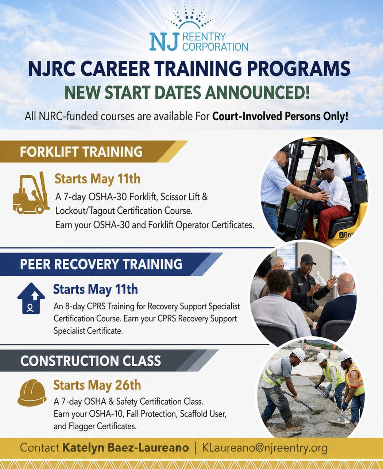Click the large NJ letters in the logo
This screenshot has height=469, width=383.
(x=164, y=41)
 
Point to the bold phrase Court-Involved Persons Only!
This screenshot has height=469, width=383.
(x=280, y=116)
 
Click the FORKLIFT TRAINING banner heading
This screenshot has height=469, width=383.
(x=81, y=152)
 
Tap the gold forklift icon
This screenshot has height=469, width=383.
(x=31, y=193)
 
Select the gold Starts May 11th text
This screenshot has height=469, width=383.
(x=97, y=179)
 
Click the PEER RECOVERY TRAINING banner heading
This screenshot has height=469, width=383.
(x=101, y=264)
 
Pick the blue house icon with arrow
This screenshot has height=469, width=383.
(x=31, y=298)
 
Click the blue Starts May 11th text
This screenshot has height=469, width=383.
(x=96, y=289)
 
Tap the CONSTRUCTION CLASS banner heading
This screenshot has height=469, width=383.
(x=91, y=360)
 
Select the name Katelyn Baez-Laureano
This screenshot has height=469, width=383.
(x=126, y=448)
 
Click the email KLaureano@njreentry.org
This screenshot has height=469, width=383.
(x=265, y=448)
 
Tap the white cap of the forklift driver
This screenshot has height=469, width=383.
(x=326, y=165)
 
